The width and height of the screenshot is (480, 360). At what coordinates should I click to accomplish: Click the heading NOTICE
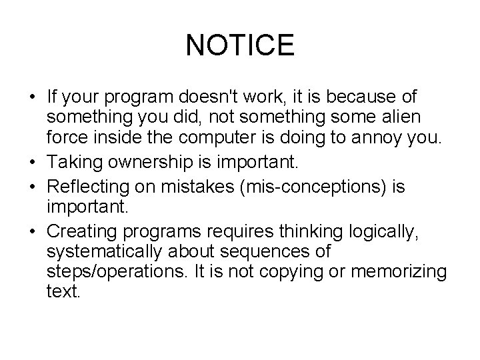tap(240, 45)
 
